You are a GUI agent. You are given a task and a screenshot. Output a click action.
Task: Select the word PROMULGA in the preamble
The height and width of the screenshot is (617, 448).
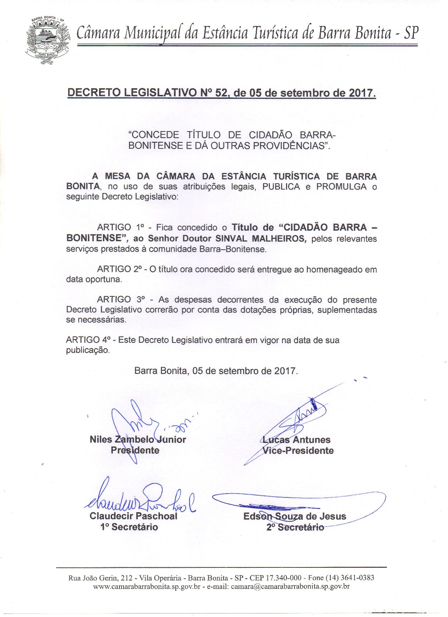(341, 186)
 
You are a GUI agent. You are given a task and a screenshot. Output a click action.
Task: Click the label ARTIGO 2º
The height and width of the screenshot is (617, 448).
(119, 269)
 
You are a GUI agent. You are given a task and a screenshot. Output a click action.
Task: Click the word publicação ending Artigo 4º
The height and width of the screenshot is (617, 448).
(88, 350)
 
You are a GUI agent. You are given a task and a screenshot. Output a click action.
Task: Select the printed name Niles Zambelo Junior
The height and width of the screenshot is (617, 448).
(138, 439)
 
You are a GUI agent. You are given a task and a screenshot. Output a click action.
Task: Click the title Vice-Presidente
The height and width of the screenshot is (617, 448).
(298, 451)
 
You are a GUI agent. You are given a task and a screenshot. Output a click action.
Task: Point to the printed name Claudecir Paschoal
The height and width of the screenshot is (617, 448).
(134, 516)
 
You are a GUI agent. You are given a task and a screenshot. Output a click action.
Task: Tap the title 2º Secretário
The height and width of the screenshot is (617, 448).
(295, 527)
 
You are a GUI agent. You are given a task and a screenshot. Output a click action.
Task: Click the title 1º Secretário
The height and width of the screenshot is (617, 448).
(129, 527)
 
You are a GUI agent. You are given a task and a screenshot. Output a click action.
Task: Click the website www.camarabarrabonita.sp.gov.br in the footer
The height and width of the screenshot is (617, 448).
(147, 586)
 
